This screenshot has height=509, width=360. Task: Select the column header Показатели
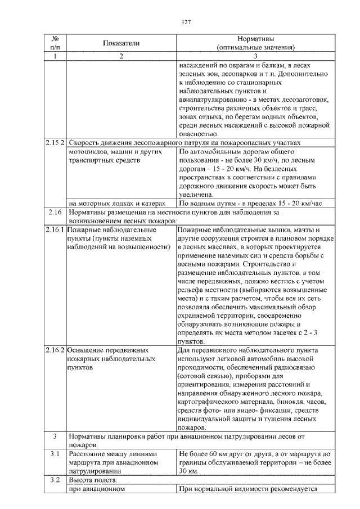pyautogui.click(x=120, y=43)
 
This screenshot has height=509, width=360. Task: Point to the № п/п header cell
pyautogui.click(x=55, y=43)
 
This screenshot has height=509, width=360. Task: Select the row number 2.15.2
pyautogui.click(x=55, y=143)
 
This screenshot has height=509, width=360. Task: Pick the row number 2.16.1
pyautogui.click(x=55, y=230)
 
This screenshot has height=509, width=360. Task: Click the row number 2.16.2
pyautogui.click(x=55, y=350)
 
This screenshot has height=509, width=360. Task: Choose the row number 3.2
pyautogui.click(x=55, y=480)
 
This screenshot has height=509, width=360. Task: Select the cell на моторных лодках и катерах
pyautogui.click(x=116, y=204)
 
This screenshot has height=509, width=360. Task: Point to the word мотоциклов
pyautogui.click(x=87, y=152)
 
